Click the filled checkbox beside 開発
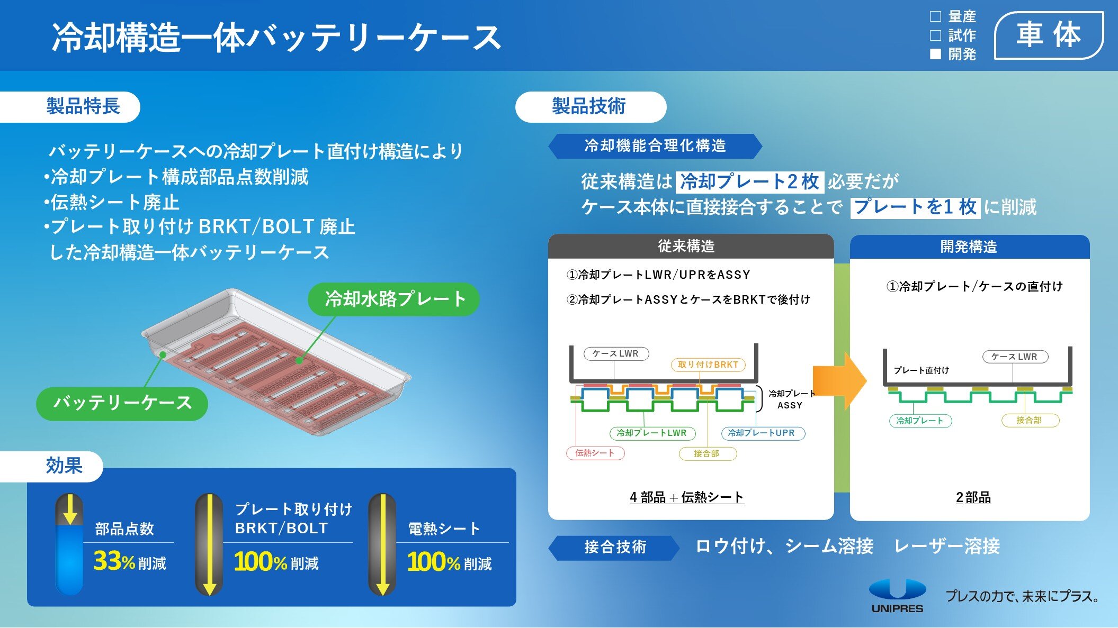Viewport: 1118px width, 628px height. pyautogui.click(x=936, y=54)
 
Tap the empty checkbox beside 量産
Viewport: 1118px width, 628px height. pyautogui.click(x=936, y=16)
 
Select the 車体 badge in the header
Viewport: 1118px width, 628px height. pyautogui.click(x=1049, y=35)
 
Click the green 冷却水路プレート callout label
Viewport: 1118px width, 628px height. pyautogui.click(x=394, y=299)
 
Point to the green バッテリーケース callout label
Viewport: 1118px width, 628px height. pyautogui.click(x=122, y=403)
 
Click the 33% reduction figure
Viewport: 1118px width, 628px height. pyautogui.click(x=114, y=561)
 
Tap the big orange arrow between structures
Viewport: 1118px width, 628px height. pyautogui.click(x=839, y=380)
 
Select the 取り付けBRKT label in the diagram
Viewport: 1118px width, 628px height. pyautogui.click(x=708, y=365)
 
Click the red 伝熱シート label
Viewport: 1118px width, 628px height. pyautogui.click(x=595, y=453)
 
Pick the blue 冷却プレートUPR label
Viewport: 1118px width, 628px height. pyautogui.click(x=762, y=433)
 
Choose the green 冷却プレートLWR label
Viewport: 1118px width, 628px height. pyautogui.click(x=652, y=433)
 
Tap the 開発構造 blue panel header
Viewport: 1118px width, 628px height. pyautogui.click(x=969, y=247)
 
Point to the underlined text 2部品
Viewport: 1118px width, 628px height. pyautogui.click(x=973, y=497)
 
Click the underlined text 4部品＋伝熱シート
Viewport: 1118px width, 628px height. pyautogui.click(x=686, y=497)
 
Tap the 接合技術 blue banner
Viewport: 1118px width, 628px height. pyautogui.click(x=615, y=547)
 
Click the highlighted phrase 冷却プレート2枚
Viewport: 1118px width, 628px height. pyautogui.click(x=749, y=181)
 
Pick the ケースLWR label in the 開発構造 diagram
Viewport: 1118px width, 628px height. pyautogui.click(x=1014, y=357)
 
